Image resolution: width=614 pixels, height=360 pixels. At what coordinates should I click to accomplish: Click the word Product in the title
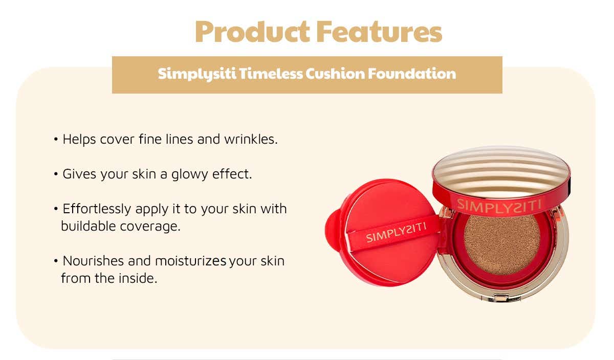point(252,32)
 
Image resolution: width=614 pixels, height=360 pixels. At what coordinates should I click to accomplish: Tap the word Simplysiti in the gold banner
point(197,74)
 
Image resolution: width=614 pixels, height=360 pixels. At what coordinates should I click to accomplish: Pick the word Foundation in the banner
point(412,74)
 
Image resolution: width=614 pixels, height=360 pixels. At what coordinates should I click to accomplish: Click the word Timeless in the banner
point(271,74)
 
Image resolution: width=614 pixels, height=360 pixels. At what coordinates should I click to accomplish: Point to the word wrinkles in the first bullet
point(251,139)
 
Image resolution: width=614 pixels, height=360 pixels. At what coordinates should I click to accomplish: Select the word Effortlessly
point(97,209)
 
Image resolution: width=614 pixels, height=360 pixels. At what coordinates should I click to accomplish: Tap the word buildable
point(88,226)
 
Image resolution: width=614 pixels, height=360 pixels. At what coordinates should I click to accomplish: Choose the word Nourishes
point(93,261)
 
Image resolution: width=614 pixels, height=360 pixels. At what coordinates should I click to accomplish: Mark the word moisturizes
point(191,261)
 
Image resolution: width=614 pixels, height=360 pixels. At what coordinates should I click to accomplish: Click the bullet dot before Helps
point(56,139)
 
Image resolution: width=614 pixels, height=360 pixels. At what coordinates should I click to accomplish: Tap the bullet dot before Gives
point(56,174)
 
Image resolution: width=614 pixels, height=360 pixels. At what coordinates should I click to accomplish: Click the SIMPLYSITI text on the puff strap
point(396,233)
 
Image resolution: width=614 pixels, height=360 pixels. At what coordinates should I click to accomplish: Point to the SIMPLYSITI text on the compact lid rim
point(499,206)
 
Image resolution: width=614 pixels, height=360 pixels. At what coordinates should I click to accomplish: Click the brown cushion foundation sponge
point(502,244)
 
